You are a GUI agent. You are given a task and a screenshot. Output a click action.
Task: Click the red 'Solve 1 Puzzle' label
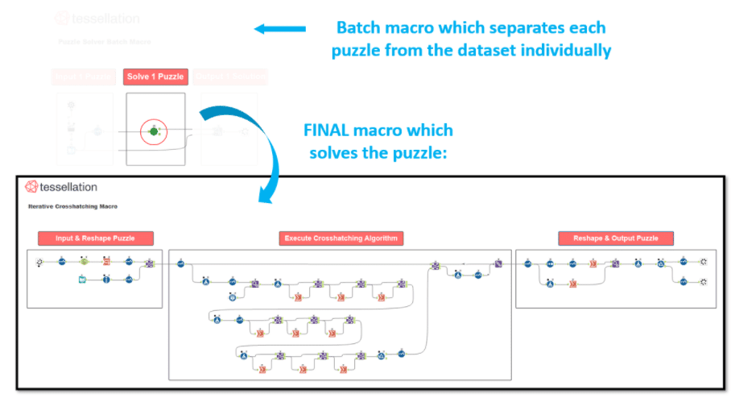click(x=156, y=77)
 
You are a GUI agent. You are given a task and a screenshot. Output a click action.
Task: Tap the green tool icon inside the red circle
click(x=152, y=130)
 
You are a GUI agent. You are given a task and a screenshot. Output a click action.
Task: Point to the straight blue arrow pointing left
click(x=279, y=30)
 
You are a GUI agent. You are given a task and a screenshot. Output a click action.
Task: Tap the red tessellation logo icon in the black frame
click(x=32, y=187)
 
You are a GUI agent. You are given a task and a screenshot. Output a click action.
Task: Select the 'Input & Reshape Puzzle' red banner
click(x=95, y=238)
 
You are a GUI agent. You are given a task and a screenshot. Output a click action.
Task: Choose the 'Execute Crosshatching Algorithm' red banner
click(x=340, y=238)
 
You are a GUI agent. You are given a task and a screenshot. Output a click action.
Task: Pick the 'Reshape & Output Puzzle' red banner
click(x=615, y=238)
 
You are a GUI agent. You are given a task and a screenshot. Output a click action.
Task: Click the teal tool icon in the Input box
click(x=84, y=280)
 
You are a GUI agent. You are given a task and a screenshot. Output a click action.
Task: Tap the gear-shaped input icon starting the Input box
click(x=39, y=262)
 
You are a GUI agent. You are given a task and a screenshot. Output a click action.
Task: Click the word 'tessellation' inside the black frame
click(x=69, y=188)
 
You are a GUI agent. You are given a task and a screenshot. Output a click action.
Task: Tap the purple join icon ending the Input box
click(x=150, y=263)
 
